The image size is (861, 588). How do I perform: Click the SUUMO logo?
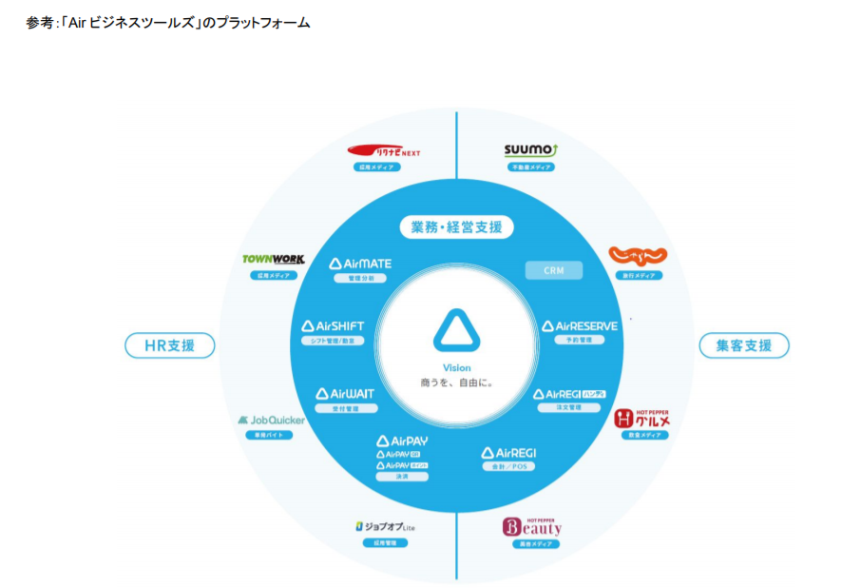[530, 149]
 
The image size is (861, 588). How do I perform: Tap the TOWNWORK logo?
[273, 259]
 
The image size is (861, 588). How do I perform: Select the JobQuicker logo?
[269, 420]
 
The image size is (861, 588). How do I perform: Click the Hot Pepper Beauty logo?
[532, 525]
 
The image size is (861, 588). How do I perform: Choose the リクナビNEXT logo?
[384, 150]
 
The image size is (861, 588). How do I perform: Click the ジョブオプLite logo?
[385, 526]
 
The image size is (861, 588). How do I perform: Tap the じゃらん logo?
[637, 257]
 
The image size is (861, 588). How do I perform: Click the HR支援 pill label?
[170, 345]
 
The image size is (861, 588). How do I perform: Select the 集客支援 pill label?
[744, 345]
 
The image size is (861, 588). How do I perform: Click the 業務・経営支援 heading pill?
[456, 227]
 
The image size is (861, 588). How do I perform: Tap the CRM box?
[554, 270]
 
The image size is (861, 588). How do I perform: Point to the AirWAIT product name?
[345, 393]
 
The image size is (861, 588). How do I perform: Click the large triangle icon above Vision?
[457, 331]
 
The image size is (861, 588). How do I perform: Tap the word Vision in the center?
[456, 368]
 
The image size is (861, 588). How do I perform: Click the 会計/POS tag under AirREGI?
[508, 466]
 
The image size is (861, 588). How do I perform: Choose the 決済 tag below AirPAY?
[401, 477]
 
